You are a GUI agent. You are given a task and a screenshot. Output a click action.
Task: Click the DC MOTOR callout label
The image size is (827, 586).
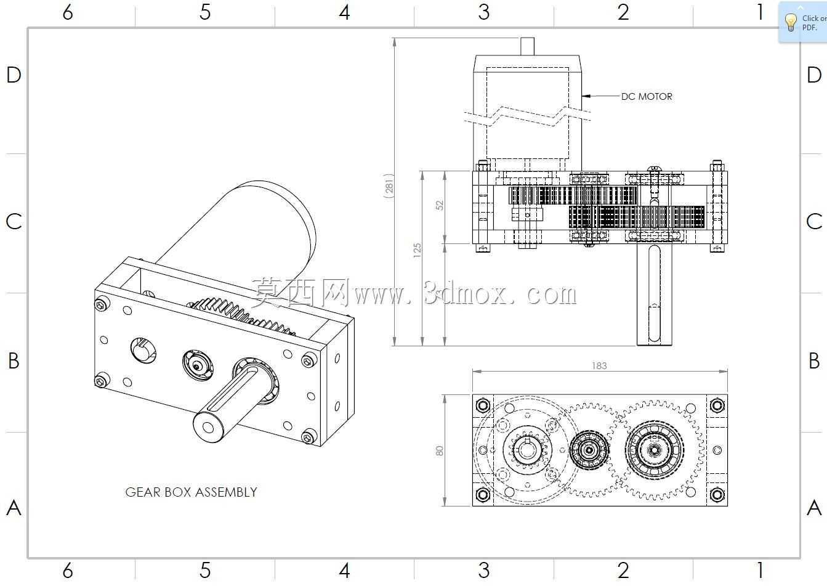[x=647, y=97]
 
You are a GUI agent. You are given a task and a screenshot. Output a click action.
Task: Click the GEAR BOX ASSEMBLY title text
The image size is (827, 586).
[x=192, y=492]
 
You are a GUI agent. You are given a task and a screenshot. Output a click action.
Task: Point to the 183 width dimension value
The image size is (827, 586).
[x=599, y=366]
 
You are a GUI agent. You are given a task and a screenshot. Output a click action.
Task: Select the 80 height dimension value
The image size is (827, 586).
[x=439, y=451]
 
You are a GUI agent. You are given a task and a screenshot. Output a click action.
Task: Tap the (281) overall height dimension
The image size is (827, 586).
[x=389, y=186]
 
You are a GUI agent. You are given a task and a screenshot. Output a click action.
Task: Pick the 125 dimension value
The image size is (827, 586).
[x=417, y=250]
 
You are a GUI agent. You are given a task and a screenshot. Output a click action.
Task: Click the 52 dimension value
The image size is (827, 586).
[x=439, y=205]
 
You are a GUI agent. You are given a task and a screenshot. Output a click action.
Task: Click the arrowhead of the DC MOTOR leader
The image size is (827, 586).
[x=586, y=96]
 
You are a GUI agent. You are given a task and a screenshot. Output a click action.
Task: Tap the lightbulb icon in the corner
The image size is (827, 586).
[x=791, y=23]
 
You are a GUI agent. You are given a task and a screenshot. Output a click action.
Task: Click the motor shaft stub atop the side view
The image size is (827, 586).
[x=527, y=47]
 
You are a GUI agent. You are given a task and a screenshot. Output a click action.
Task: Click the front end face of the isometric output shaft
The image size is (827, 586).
[x=209, y=428]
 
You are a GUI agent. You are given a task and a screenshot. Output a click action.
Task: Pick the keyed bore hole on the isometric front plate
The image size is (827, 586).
[x=143, y=350]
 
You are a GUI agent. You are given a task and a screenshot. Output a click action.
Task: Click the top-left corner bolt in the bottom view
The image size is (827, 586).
[x=483, y=405]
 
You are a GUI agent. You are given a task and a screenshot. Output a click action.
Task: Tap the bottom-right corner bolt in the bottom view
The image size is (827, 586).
[x=717, y=494]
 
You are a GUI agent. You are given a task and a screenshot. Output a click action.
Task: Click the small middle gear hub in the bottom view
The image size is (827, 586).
[x=589, y=450]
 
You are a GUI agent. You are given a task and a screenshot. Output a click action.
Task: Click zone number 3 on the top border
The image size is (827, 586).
[x=483, y=12]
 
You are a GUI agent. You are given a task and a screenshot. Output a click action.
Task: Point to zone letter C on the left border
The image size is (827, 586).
[x=14, y=222]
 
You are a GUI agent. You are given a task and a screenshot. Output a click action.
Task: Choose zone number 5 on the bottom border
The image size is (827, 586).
[x=205, y=570]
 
